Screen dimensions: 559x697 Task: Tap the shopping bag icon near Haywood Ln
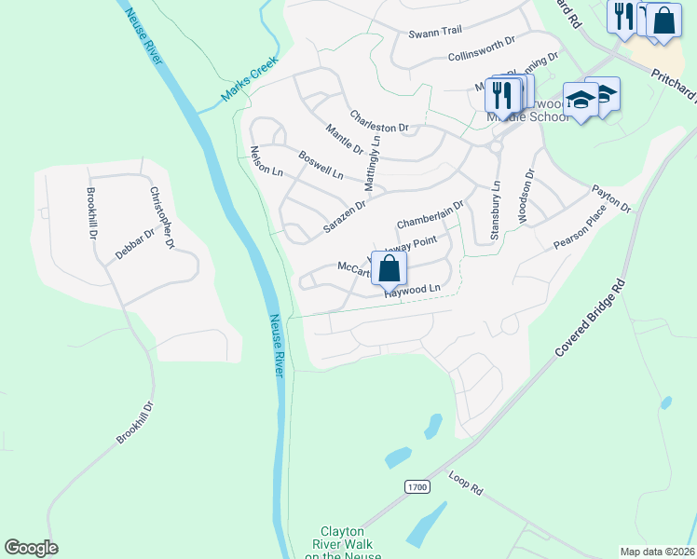pos(389,268)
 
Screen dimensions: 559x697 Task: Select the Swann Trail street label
pos(435,32)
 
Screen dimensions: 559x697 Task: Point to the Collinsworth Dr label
pos(481,49)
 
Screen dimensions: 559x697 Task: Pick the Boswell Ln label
pos(321,165)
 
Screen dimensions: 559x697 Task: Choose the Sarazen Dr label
pos(344,215)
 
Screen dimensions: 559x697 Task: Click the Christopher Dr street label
pos(162,218)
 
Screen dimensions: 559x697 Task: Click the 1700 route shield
pos(417,487)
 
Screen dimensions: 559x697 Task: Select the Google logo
pos(31,548)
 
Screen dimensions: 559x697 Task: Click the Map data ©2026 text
pos(657,552)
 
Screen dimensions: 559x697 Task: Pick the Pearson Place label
pos(580,227)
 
